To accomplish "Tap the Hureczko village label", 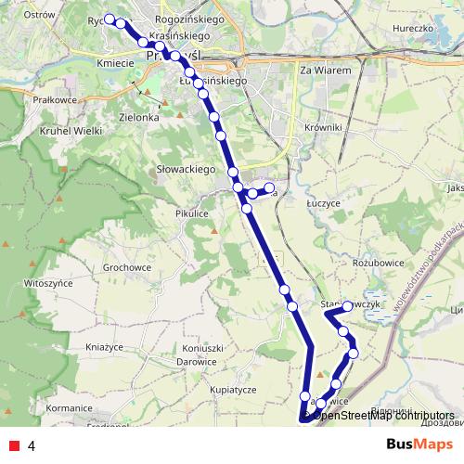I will [415, 29].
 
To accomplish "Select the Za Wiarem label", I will [325, 70].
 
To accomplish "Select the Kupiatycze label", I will [233, 390].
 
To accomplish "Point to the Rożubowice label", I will [375, 263].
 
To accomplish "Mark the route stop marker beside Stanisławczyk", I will [347, 306].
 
